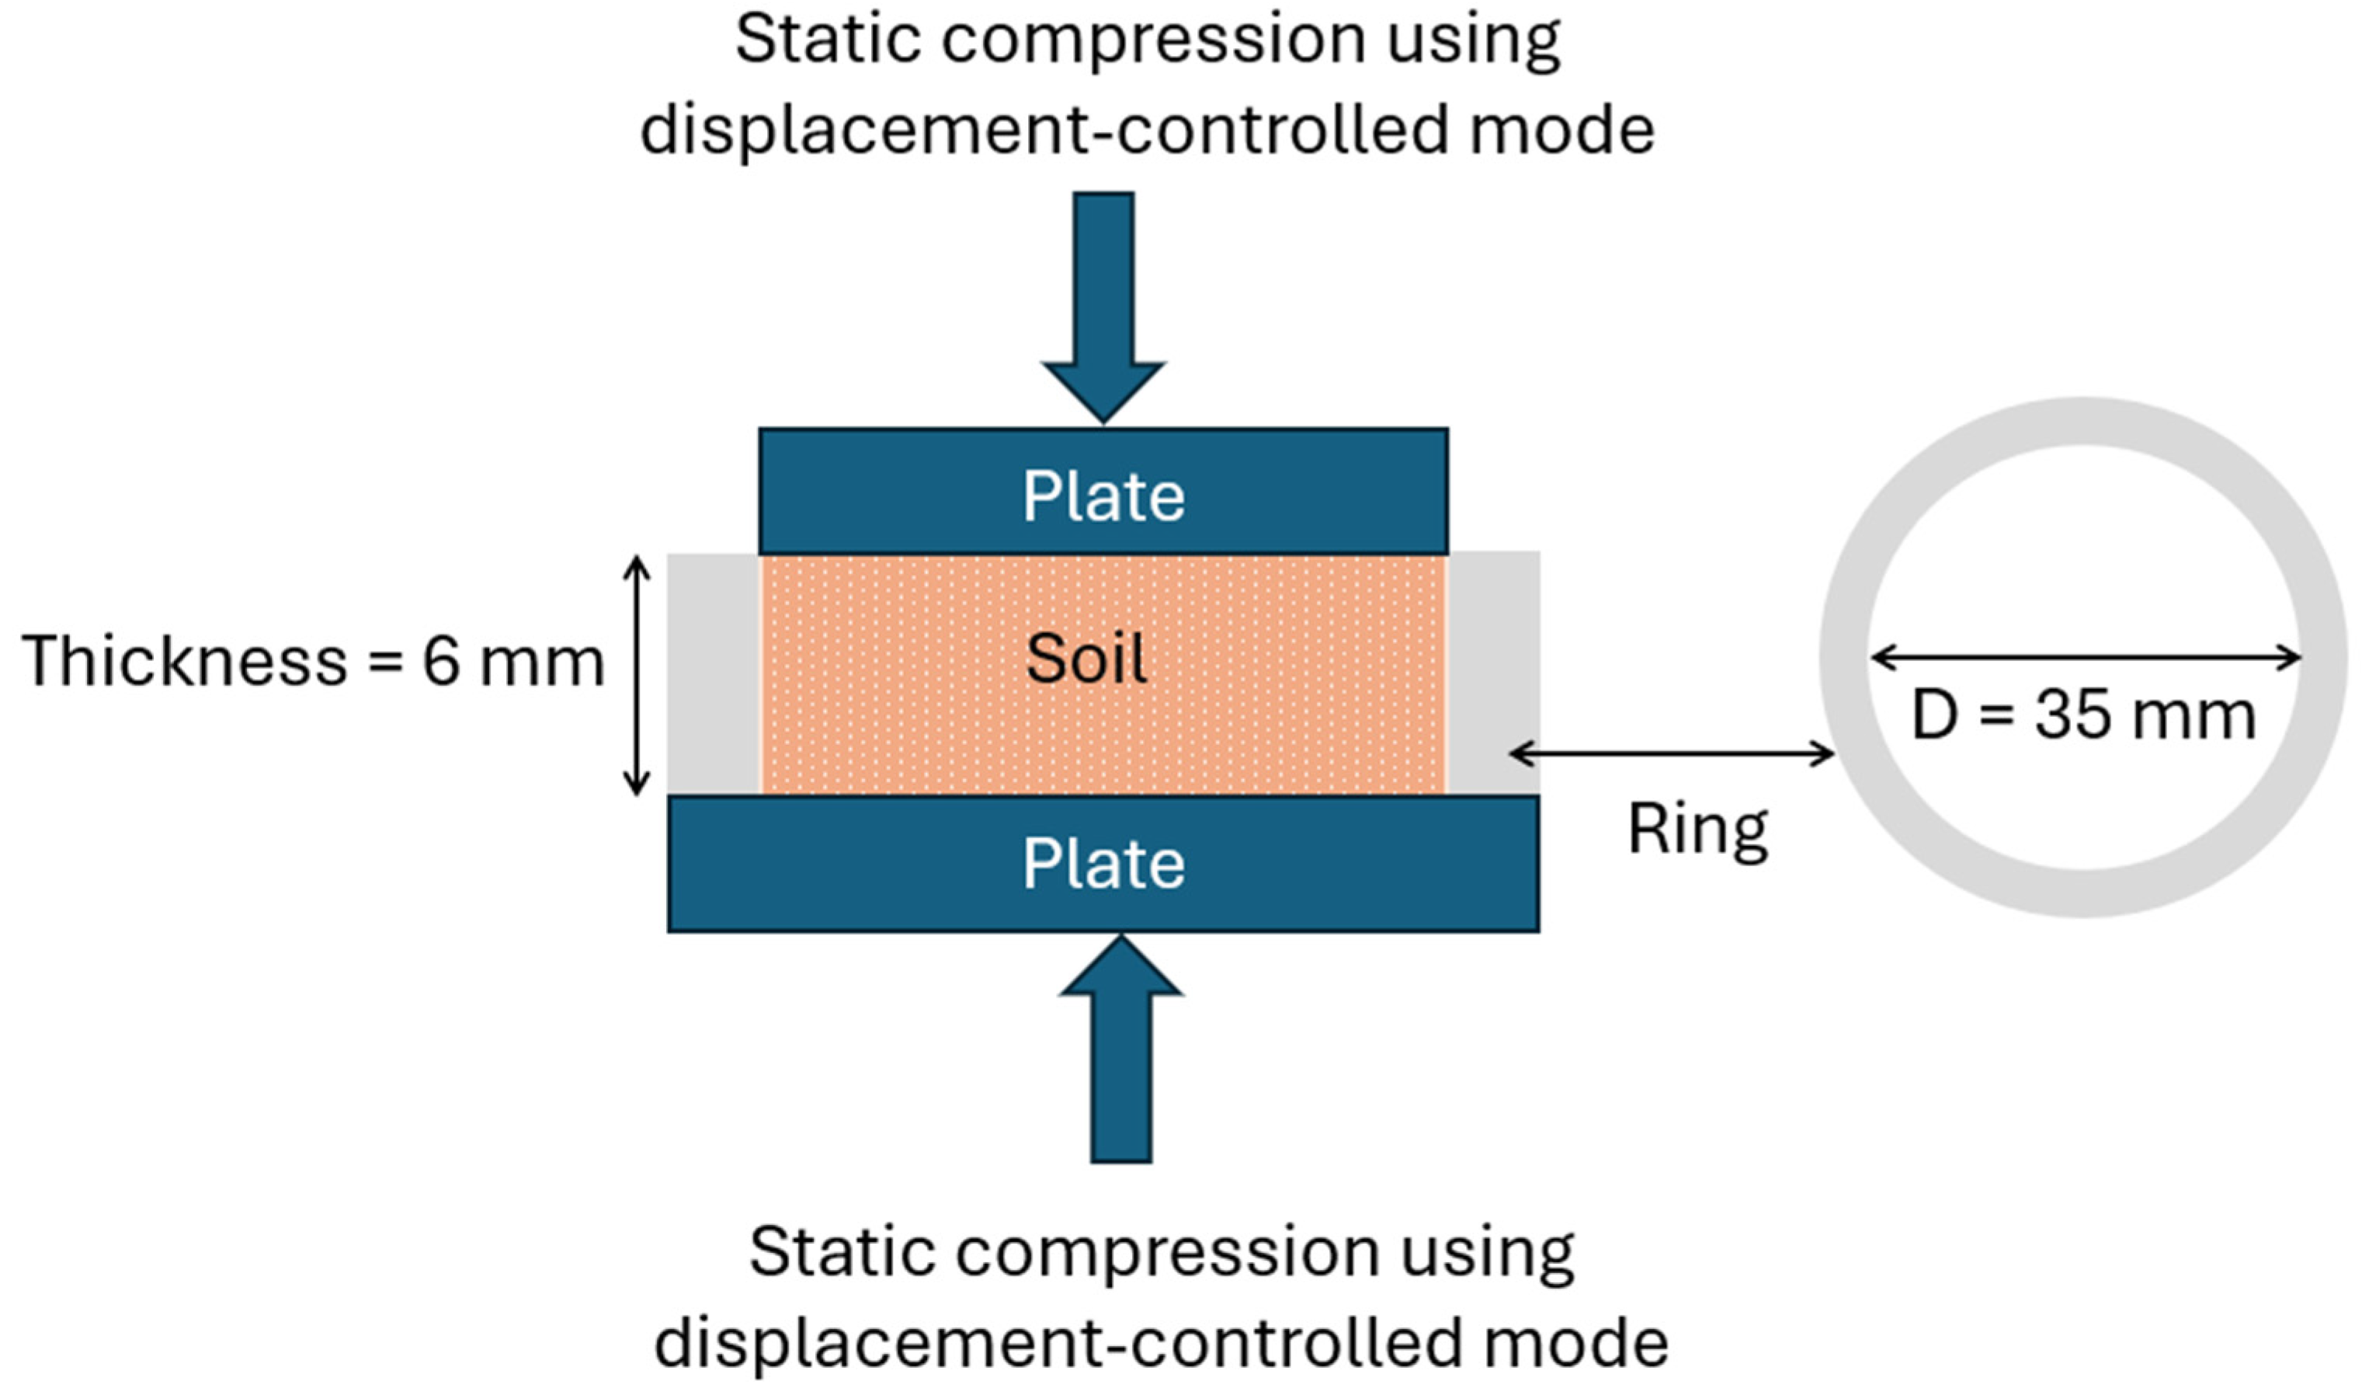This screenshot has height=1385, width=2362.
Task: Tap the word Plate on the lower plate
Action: pyautogui.click(x=1103, y=863)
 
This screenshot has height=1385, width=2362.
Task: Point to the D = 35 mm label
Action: pyautogui.click(x=2082, y=716)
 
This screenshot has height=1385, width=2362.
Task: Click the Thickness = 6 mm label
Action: pyautogui.click(x=313, y=661)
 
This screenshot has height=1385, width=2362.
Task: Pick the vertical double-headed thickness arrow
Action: pyautogui.click(x=637, y=675)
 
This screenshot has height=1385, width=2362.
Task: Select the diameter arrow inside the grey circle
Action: pyautogui.click(x=2086, y=658)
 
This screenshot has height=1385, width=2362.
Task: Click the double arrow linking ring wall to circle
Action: pyautogui.click(x=1671, y=752)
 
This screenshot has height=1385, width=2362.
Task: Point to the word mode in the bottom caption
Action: pyautogui.click(x=1575, y=1343)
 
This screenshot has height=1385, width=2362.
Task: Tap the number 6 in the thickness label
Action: pyautogui.click(x=440, y=661)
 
